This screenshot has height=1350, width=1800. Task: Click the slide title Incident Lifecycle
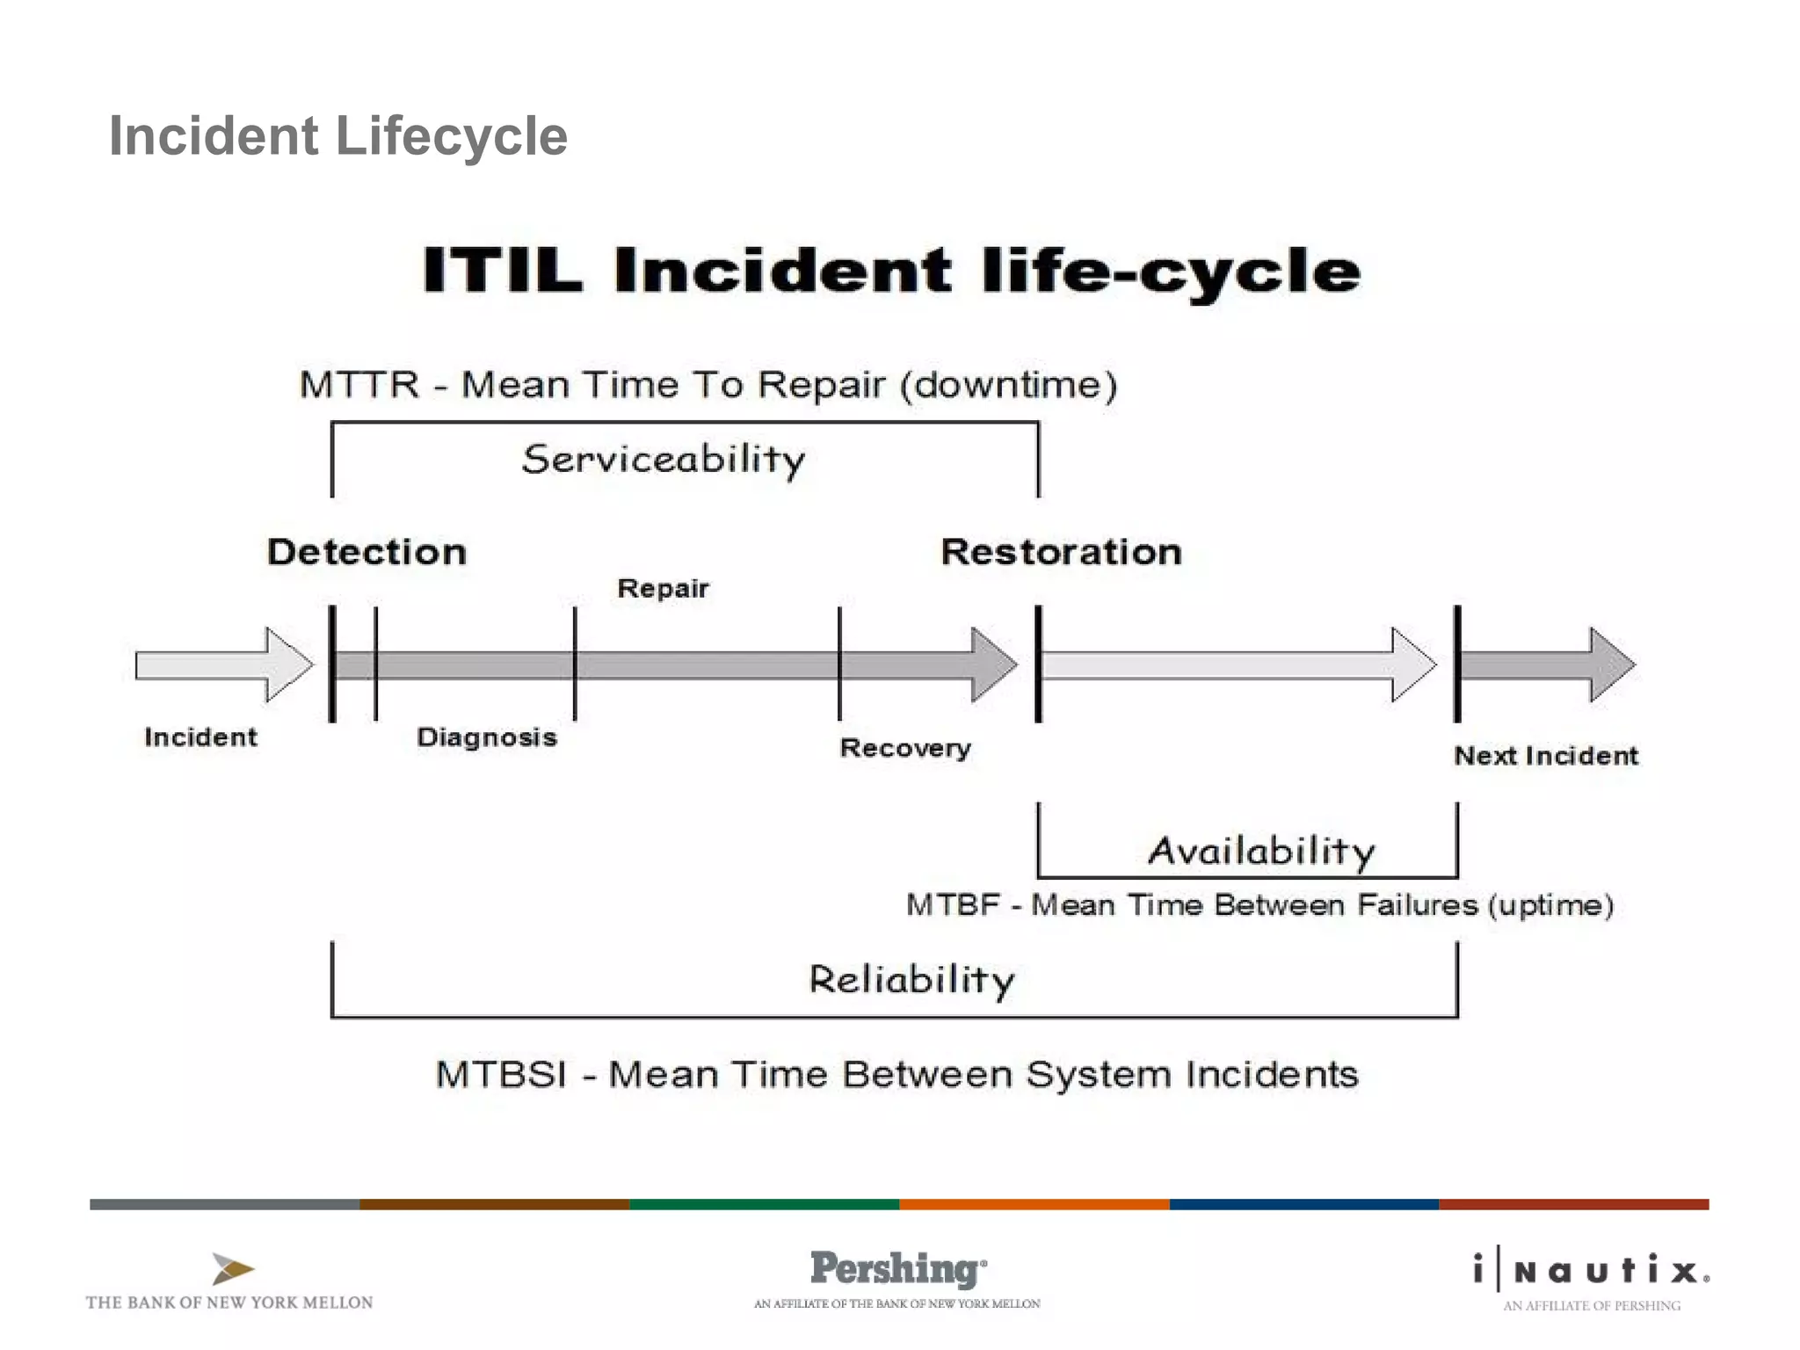pyautogui.click(x=337, y=136)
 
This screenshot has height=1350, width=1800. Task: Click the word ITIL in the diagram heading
pyautogui.click(x=502, y=270)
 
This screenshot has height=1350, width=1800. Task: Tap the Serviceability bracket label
pyautogui.click(x=663, y=460)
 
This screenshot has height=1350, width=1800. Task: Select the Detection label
pyautogui.click(x=367, y=552)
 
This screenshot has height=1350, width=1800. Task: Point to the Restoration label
pyautogui.click(x=1061, y=552)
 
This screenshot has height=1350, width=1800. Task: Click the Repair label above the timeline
pyautogui.click(x=663, y=588)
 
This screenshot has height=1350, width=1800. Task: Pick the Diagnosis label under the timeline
pyautogui.click(x=486, y=737)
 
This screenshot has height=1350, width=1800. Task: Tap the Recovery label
pyautogui.click(x=905, y=748)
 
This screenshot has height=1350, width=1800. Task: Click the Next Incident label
pyautogui.click(x=1545, y=756)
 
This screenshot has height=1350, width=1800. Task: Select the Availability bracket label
pyautogui.click(x=1261, y=851)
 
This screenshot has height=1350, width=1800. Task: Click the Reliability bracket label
pyautogui.click(x=911, y=980)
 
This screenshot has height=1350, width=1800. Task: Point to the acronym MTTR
pyautogui.click(x=359, y=385)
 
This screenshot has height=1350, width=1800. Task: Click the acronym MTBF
pyautogui.click(x=953, y=904)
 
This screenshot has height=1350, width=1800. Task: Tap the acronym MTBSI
pyautogui.click(x=501, y=1074)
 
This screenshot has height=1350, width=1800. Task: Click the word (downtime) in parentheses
pyautogui.click(x=1009, y=385)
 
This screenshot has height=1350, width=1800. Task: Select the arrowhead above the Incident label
pyautogui.click(x=288, y=664)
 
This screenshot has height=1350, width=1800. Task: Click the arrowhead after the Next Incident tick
pyautogui.click(x=1611, y=664)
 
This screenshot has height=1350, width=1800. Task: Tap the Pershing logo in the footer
pyautogui.click(x=897, y=1269)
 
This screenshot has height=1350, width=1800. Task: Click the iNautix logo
pyautogui.click(x=1592, y=1271)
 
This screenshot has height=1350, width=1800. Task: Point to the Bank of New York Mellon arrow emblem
pyautogui.click(x=232, y=1269)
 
